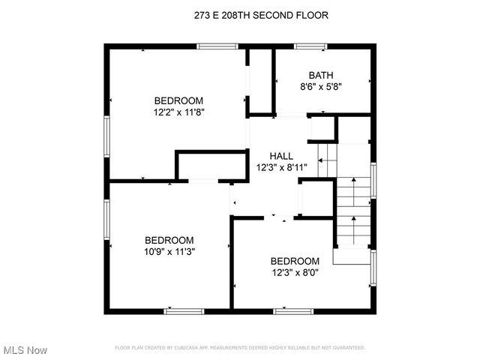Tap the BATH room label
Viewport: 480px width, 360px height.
tap(321, 74)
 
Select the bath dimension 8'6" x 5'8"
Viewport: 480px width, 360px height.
tap(321, 86)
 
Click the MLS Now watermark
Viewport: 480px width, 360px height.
tap(25, 350)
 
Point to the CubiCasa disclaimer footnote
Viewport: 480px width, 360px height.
tap(239, 347)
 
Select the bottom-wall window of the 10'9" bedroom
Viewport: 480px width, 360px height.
tap(184, 310)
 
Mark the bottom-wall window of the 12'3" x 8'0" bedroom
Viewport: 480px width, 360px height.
tap(292, 310)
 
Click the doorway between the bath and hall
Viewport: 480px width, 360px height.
tap(290, 115)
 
